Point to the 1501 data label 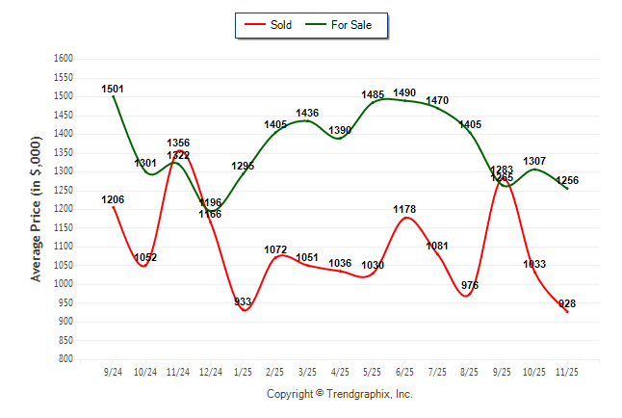click(113, 90)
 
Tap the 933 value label click(244, 302)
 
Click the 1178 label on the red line click(404, 209)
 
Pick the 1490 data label click(404, 93)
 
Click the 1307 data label click(534, 162)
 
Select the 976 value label click(470, 286)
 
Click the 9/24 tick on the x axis click(113, 371)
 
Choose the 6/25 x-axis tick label click(405, 371)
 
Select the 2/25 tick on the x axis click(275, 371)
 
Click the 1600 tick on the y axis click(65, 59)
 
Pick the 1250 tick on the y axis click(65, 191)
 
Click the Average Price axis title click(37, 209)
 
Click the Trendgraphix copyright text click(339, 394)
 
